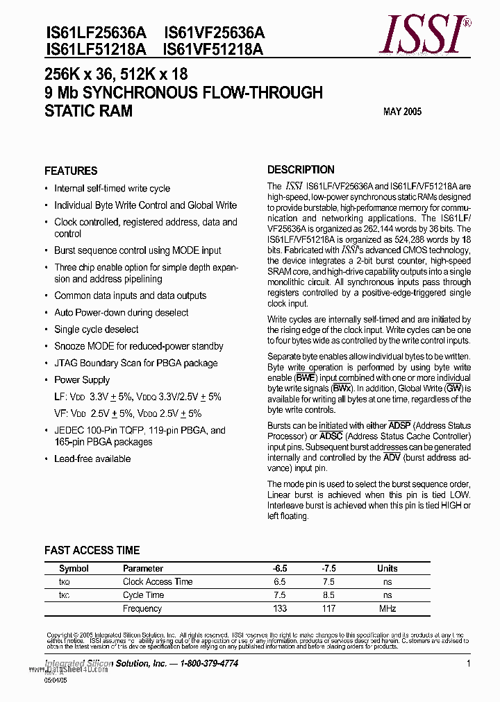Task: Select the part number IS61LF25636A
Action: click(x=96, y=33)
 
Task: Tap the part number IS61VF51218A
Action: click(x=214, y=49)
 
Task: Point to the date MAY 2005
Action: click(x=402, y=112)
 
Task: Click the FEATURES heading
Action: click(x=71, y=171)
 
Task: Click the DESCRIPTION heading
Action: click(x=301, y=170)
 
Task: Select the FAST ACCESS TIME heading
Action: click(x=92, y=550)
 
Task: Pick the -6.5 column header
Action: click(x=281, y=568)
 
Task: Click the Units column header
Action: click(x=387, y=568)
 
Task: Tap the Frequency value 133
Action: click(x=281, y=608)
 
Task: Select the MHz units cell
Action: click(x=387, y=608)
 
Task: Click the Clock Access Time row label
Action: click(x=158, y=581)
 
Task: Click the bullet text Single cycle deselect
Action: click(x=97, y=329)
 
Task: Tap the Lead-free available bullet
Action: click(x=92, y=459)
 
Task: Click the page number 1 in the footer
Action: click(x=469, y=664)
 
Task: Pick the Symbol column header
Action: click(x=74, y=568)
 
